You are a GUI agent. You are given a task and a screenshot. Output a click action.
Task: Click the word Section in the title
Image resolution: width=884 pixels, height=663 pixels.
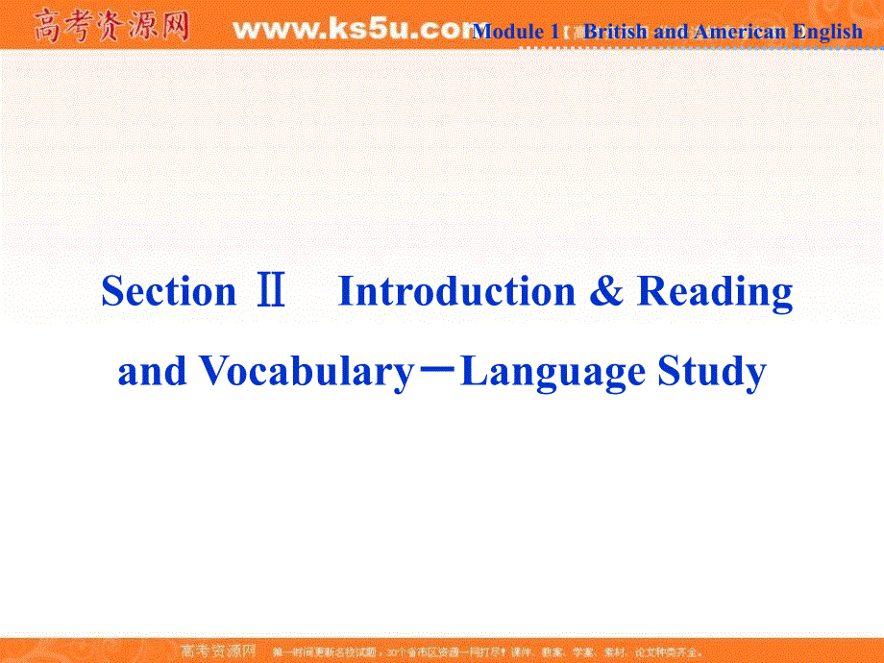click(x=168, y=291)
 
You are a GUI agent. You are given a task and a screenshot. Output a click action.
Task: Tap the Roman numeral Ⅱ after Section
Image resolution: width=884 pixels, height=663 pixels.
click(x=271, y=292)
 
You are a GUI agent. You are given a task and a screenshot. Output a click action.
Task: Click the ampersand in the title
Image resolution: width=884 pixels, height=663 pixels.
click(x=605, y=291)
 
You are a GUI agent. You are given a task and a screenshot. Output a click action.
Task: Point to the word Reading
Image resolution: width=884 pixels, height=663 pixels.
click(x=715, y=291)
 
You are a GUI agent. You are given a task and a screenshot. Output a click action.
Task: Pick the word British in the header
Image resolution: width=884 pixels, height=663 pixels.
click(x=616, y=32)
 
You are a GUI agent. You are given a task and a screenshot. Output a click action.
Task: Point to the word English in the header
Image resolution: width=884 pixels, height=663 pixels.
click(x=827, y=32)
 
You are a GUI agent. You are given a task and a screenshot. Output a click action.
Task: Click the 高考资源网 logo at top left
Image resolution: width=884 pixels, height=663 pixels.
click(x=111, y=26)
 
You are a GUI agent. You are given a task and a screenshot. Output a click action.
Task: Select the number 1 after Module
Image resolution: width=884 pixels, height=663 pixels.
click(x=554, y=32)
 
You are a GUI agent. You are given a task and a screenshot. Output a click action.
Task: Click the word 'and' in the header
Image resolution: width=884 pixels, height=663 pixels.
click(x=671, y=32)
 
